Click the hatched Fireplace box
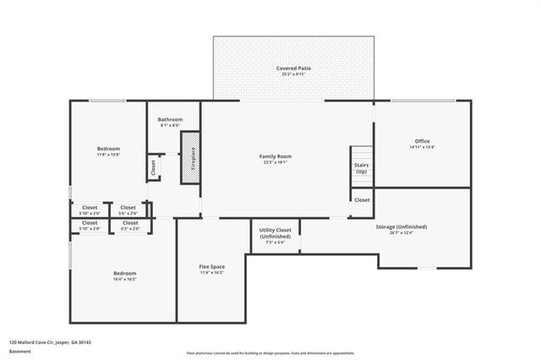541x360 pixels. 191,156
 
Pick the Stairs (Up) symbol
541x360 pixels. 361,167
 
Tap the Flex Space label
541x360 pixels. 211,269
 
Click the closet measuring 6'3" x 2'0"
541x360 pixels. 130,226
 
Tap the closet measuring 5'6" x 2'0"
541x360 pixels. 128,210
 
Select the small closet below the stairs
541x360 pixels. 362,200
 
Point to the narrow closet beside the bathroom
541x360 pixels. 153,166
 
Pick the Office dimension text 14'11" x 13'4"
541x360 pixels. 422,147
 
